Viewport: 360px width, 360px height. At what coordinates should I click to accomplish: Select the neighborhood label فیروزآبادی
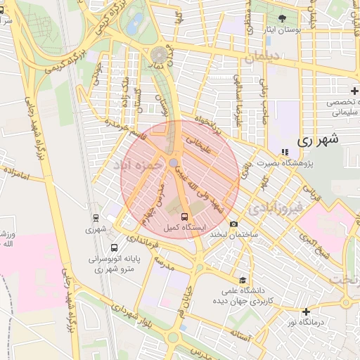coord(276,207)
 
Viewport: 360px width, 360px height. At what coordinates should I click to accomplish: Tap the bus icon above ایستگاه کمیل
coord(184,217)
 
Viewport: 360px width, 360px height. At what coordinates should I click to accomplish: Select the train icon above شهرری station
coord(96,217)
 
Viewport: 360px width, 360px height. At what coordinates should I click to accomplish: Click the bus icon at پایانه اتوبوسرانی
coord(114,247)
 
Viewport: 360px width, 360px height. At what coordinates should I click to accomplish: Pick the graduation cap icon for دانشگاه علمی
coord(243,279)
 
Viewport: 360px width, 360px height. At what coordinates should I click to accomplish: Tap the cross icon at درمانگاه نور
coord(305,311)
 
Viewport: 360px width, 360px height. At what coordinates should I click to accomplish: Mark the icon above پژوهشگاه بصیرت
coord(284,151)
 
